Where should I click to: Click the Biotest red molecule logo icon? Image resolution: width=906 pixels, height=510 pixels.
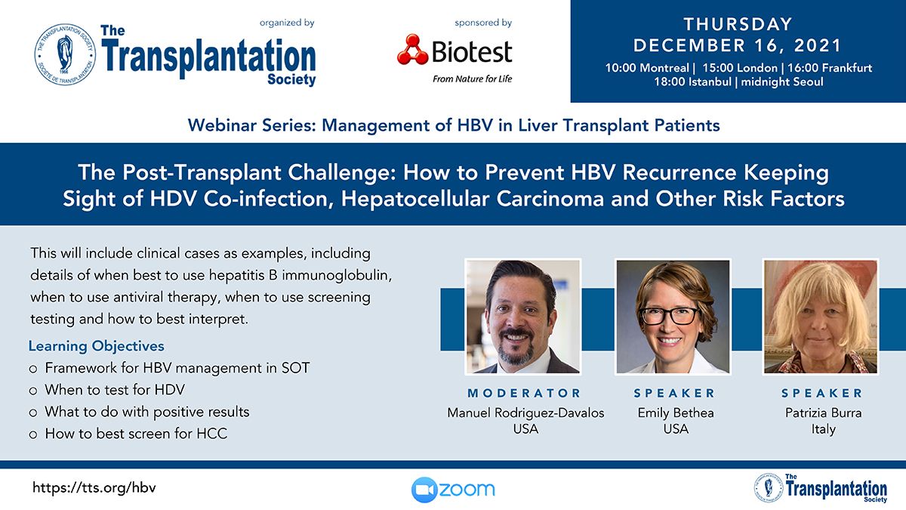[x=412, y=50]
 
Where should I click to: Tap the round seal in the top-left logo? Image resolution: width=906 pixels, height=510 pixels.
[x=65, y=54]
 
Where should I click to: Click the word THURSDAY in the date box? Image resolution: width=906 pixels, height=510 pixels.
[x=738, y=24]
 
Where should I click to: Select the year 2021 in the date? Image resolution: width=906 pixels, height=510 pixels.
[x=818, y=45]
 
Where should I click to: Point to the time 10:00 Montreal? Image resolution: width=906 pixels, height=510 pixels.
[x=647, y=67]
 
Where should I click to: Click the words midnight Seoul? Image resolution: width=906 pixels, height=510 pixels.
[x=782, y=82]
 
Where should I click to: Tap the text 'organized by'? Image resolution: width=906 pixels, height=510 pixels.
[x=287, y=23]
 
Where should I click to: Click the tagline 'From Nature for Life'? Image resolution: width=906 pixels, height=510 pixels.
[x=472, y=79]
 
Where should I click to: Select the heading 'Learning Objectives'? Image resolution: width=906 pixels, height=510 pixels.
[x=97, y=346]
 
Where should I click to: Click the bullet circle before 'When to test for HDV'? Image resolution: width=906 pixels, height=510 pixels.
[x=33, y=391]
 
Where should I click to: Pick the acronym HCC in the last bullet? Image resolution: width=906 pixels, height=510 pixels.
[x=211, y=434]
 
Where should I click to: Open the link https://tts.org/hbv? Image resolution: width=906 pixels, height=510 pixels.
[x=94, y=488]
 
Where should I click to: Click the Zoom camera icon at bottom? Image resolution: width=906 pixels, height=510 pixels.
[x=424, y=490]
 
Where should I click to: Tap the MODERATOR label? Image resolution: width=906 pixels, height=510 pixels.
[x=524, y=393]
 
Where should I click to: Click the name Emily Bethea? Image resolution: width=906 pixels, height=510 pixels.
[x=676, y=413]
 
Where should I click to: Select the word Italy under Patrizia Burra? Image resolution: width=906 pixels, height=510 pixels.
[x=823, y=429]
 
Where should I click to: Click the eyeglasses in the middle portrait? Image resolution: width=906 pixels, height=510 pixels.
[x=670, y=316]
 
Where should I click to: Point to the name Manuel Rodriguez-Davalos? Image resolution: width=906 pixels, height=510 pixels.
[x=525, y=413]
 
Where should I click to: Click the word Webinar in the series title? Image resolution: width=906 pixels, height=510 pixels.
[x=222, y=125]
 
